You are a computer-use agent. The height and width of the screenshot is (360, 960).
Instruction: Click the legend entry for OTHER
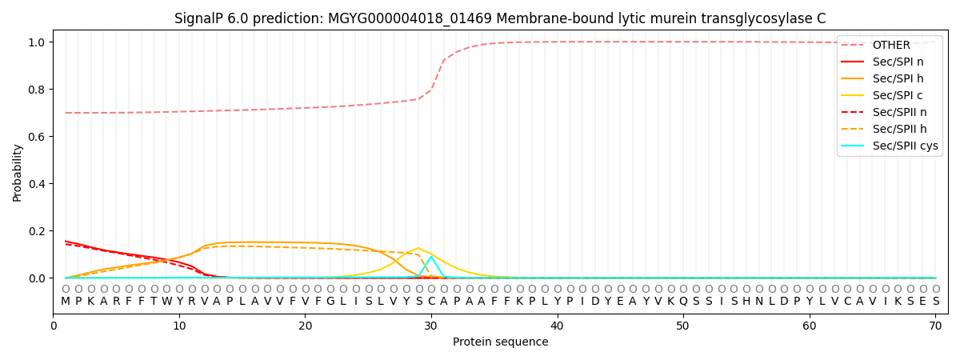[x=888, y=45]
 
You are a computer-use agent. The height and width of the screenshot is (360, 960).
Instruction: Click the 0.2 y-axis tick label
[x=38, y=231]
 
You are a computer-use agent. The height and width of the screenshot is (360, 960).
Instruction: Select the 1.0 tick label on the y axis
[x=38, y=42]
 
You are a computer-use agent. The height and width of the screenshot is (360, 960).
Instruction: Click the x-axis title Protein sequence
[x=500, y=342]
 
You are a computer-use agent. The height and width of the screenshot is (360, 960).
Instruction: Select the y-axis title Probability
[x=18, y=172]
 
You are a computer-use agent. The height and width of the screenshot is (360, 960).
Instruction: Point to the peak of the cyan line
[x=431, y=257]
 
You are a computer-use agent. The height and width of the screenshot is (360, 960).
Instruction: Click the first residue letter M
[x=66, y=302]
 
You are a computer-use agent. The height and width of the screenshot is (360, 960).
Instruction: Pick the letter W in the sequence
[x=166, y=302]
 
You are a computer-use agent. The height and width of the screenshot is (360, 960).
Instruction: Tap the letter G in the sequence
[x=330, y=302]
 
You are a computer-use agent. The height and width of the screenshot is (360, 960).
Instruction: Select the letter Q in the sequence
[x=683, y=302]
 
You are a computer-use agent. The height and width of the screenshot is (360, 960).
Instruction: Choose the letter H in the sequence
[x=746, y=302]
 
